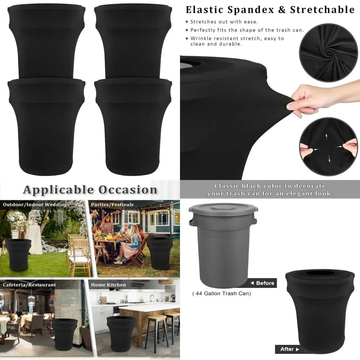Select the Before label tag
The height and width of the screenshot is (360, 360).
(262, 283)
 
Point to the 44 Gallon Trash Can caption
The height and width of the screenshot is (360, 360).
(221, 293)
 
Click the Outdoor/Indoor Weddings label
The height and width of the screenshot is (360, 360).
(36, 204)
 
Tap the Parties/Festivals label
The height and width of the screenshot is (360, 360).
(112, 204)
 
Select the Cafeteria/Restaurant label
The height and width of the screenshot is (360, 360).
(30, 285)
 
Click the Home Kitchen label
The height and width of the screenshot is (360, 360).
(108, 285)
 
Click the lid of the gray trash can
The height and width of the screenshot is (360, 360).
(223, 208)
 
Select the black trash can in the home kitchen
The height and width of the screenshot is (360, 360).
(121, 333)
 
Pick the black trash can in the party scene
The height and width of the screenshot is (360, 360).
(159, 252)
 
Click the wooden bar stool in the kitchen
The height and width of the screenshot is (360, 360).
(156, 329)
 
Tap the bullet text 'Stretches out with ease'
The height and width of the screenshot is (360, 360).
(224, 22)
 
